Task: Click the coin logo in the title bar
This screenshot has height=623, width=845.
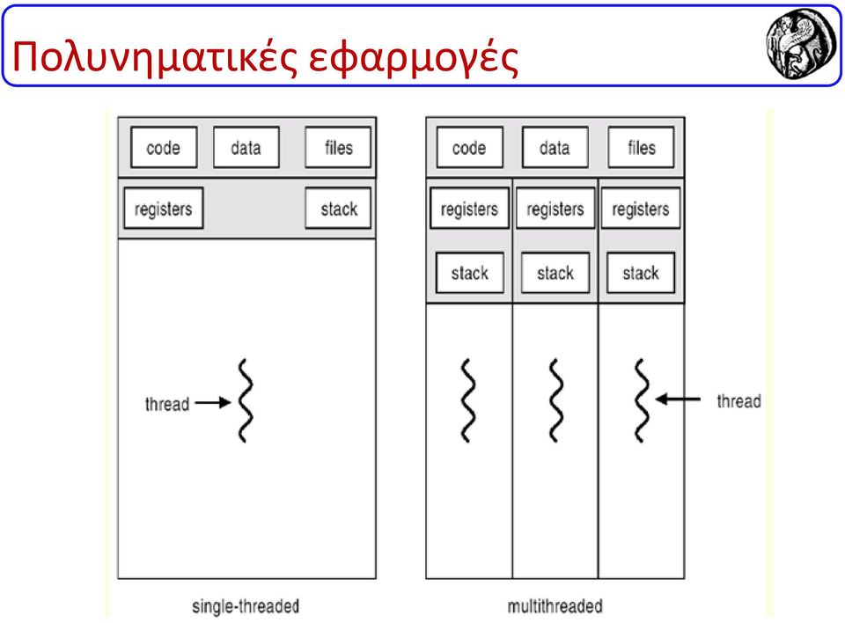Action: [802, 44]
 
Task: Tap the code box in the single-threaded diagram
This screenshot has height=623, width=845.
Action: [164, 147]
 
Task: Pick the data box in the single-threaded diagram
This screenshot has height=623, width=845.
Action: [246, 147]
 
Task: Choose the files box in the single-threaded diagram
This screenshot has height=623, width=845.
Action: [338, 147]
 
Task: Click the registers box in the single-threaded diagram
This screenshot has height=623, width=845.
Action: [164, 208]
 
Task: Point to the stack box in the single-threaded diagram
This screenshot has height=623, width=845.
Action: [338, 208]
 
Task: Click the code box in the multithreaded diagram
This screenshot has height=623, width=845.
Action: [469, 147]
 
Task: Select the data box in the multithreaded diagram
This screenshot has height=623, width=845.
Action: [555, 147]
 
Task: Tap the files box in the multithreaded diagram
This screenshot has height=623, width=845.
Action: [642, 147]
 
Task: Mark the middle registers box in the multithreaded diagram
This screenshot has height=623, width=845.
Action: [555, 208]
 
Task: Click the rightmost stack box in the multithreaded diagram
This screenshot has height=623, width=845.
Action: [641, 273]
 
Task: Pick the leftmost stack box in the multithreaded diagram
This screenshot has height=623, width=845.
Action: [470, 273]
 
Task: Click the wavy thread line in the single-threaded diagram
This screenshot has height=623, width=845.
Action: [246, 401]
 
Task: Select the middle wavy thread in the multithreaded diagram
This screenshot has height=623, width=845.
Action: [556, 401]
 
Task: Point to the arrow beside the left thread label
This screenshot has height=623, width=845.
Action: [213, 402]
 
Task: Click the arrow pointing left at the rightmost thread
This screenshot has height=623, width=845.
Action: [678, 399]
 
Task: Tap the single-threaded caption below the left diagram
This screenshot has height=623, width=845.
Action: [246, 606]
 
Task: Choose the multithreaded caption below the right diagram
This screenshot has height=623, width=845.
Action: [555, 606]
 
